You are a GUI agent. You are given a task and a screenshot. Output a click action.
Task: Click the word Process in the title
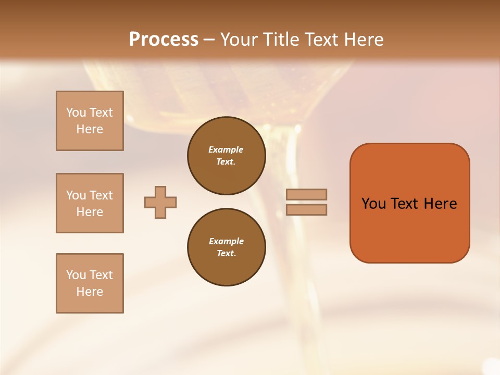click(164, 40)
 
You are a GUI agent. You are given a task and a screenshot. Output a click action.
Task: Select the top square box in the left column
click(90, 121)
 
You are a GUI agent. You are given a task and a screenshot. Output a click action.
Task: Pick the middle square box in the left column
click(90, 203)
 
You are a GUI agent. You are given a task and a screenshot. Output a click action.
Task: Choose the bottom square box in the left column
click(90, 283)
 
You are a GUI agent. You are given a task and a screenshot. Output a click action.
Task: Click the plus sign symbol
click(160, 202)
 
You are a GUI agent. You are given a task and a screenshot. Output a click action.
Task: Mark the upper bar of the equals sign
click(306, 194)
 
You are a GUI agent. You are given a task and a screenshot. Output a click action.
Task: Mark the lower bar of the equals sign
click(306, 210)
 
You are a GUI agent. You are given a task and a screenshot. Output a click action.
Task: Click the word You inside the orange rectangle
click(373, 204)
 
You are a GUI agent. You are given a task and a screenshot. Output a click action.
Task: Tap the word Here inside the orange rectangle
click(440, 204)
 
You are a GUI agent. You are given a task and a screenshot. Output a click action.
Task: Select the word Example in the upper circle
click(226, 149)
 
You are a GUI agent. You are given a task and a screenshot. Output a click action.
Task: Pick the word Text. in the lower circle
click(226, 253)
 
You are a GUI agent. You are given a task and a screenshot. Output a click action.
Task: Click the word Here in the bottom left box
click(90, 292)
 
